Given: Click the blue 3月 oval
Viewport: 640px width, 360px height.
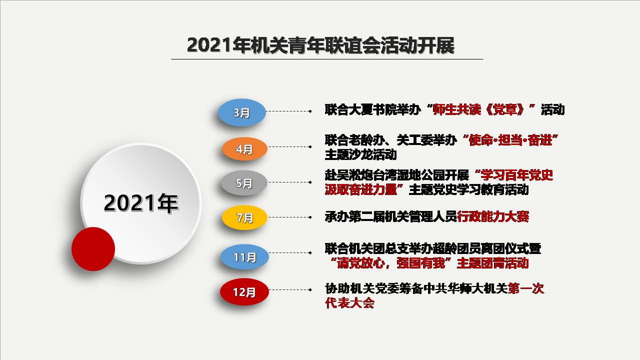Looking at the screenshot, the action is coord(241,112).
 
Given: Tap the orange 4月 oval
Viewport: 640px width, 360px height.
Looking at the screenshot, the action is coord(244,149).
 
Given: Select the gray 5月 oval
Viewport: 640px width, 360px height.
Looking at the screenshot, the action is coord(244,183).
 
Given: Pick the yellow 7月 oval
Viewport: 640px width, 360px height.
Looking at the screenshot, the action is coord(244,217).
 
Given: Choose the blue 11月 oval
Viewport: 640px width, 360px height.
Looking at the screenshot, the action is coord(244,257).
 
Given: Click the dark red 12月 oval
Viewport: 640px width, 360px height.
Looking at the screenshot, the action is coord(244,291).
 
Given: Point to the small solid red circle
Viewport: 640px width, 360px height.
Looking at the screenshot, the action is coord(93,249).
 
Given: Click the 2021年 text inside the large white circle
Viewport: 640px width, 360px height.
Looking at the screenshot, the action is coord(141,203).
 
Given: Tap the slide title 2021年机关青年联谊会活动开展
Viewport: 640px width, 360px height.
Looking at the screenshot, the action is coord(320,45).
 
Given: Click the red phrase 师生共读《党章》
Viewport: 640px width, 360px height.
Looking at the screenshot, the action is coord(479,109).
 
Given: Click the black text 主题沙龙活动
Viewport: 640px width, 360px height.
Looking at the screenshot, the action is coord(361,155).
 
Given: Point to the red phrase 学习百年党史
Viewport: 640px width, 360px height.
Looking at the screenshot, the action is coord(517,175).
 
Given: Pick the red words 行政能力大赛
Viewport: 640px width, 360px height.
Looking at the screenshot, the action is coord(493,216).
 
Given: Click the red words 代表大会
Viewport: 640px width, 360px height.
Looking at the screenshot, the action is coord(349,302).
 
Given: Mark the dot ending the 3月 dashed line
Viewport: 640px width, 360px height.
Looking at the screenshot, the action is coord(310,111).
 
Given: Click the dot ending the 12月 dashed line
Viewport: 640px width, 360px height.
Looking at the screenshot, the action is coord(310,289).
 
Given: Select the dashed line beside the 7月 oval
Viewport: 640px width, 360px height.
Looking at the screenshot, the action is coord(288,217).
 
